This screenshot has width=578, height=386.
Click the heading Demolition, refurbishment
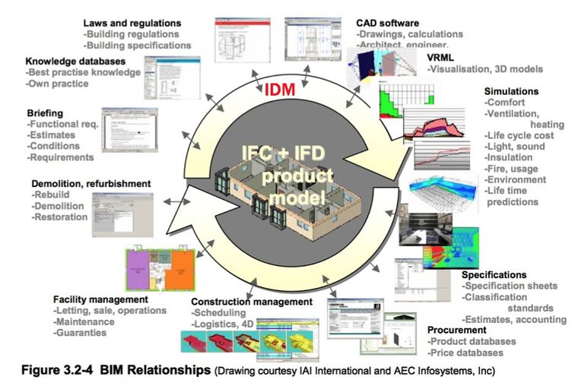[91, 184]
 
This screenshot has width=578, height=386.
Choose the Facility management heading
[100, 299]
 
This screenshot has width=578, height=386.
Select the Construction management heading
[252, 302]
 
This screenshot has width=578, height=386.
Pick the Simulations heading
[511, 92]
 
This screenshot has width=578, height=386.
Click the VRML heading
[442, 57]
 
